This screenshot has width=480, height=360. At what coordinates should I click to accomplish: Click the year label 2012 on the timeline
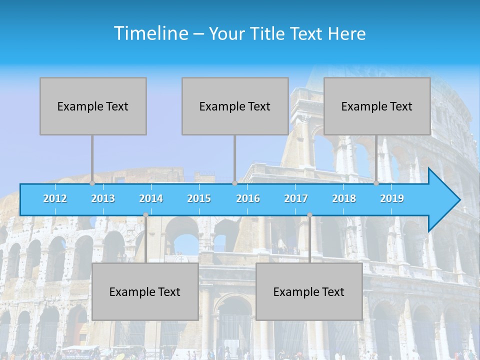pyautogui.click(x=55, y=198)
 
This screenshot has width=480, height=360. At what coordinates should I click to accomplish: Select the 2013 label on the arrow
pyautogui.click(x=103, y=198)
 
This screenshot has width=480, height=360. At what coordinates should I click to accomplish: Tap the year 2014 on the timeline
pyautogui.click(x=151, y=198)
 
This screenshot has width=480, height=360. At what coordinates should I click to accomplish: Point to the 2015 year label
pyautogui.click(x=199, y=198)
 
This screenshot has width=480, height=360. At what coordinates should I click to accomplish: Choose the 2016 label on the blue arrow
pyautogui.click(x=248, y=198)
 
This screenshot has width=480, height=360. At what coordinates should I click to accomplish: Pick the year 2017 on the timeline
pyautogui.click(x=296, y=198)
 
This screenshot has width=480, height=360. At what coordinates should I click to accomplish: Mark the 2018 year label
pyautogui.click(x=344, y=198)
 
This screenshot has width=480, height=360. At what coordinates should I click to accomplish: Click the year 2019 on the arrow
pyautogui.click(x=392, y=198)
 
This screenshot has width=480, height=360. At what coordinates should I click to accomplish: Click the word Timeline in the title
pyautogui.click(x=150, y=33)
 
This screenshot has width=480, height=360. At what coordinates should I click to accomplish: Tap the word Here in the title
pyautogui.click(x=346, y=34)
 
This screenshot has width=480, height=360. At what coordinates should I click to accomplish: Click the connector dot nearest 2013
pyautogui.click(x=92, y=183)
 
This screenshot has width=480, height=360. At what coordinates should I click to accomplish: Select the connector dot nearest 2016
pyautogui.click(x=234, y=183)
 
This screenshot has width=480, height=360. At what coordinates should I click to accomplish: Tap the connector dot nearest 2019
pyautogui.click(x=376, y=183)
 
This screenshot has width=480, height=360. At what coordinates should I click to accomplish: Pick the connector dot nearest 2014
pyautogui.click(x=145, y=215)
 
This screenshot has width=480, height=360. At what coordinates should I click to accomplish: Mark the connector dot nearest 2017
pyautogui.click(x=309, y=215)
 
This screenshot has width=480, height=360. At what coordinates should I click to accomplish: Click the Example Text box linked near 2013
pyautogui.click(x=93, y=106)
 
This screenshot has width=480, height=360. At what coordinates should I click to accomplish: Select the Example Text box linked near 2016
pyautogui.click(x=235, y=106)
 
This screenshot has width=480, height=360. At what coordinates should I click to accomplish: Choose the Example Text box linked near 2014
pyautogui.click(x=145, y=291)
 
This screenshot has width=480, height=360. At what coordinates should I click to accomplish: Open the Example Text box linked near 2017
pyautogui.click(x=309, y=291)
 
